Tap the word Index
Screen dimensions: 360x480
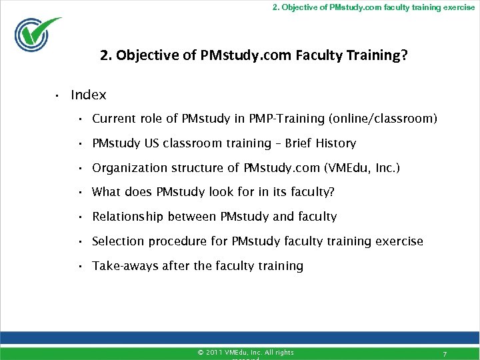coord(88,95)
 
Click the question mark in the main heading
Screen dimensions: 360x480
coord(404,55)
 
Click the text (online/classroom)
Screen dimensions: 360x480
coord(383,119)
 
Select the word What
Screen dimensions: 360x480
coord(106,192)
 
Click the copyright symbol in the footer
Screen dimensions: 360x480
coord(201,352)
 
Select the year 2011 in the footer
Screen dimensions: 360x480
coord(215,352)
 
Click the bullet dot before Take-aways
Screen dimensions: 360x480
coord(79,266)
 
